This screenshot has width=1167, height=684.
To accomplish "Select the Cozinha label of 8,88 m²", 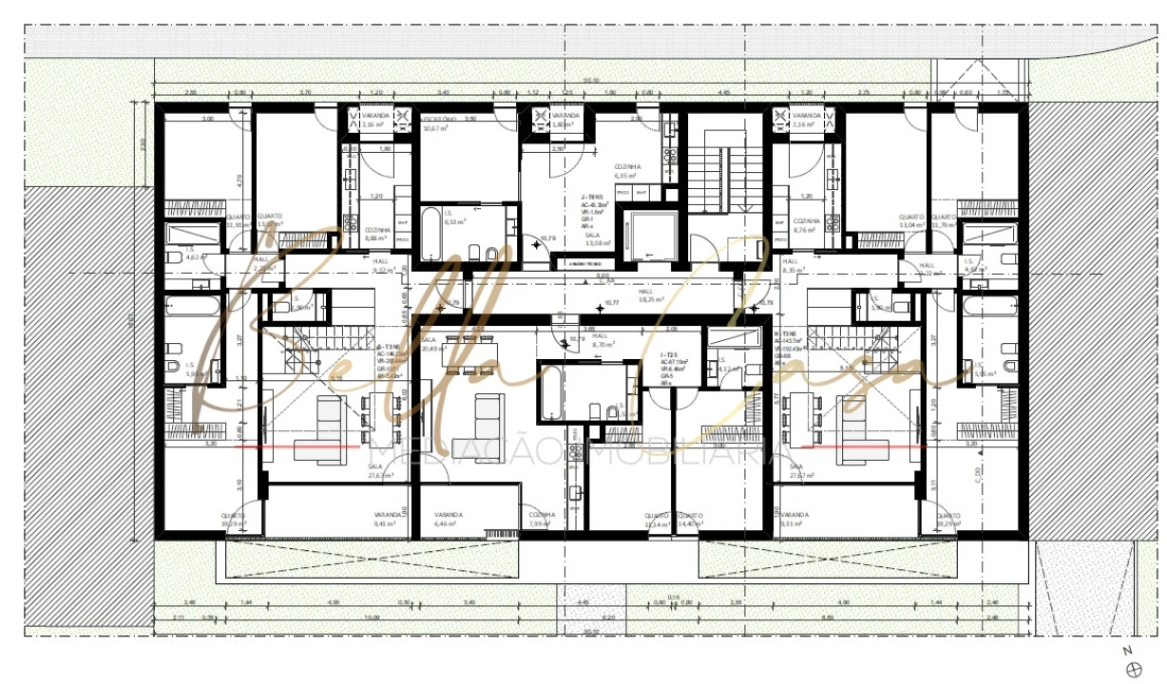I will pyautogui.click(x=377, y=234).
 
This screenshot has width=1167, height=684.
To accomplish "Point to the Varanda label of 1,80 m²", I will pyautogui.click(x=564, y=120).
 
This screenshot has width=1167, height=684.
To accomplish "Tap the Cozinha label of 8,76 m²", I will pyautogui.click(x=806, y=225).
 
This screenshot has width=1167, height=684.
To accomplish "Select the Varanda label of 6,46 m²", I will pyautogui.click(x=448, y=519).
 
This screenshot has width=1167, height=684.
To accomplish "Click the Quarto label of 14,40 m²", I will pyautogui.click(x=690, y=519).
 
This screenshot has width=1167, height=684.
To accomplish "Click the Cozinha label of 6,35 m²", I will pyautogui.click(x=627, y=170).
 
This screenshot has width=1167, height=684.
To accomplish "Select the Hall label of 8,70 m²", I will pyautogui.click(x=602, y=340).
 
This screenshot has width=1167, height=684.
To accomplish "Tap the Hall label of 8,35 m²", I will pyautogui.click(x=792, y=265).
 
